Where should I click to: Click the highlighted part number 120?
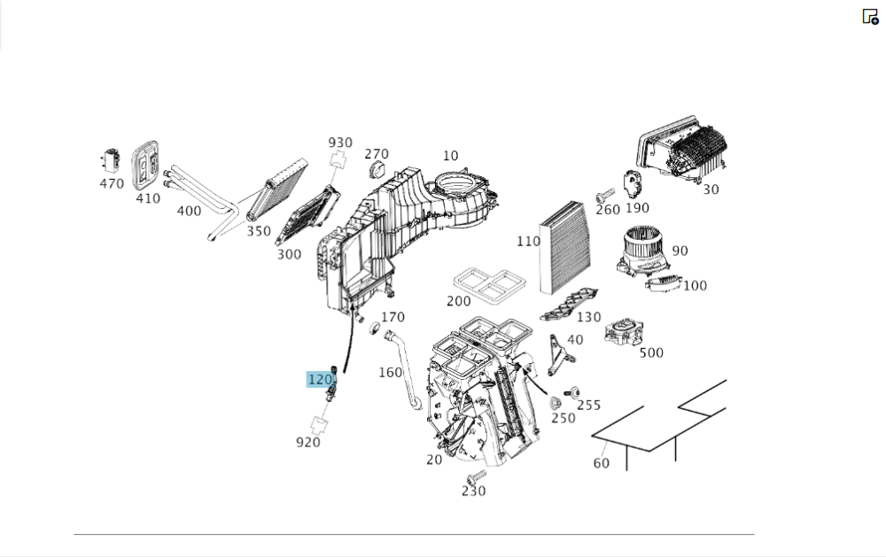320,380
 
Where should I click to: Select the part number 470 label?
112,184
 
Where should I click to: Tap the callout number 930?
340,143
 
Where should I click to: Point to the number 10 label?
451,157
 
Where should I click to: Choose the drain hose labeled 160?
408,367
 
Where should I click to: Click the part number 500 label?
651,352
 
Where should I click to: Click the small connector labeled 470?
112,161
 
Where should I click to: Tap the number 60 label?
602,463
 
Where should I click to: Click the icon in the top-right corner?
870,16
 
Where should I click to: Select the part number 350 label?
258,231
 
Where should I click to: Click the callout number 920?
308,442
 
